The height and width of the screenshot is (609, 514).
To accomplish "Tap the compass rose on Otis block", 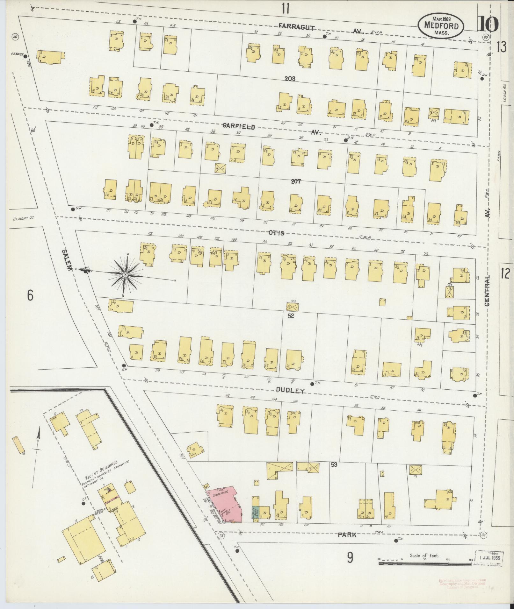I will coord(125,274).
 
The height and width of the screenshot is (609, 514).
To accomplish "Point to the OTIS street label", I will coord(276,233).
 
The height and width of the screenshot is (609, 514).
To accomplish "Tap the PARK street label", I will coord(347,535).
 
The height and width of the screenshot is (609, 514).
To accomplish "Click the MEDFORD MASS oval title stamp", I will coord(441,26).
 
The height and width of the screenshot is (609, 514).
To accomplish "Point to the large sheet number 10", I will coord(488,24).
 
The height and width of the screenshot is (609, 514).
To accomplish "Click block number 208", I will coord(290,78).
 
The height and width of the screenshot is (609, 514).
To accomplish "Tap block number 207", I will coord(295,181).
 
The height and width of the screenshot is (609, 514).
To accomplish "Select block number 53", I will coord(334,464).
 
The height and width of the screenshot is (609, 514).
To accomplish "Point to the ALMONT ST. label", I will coord(24,218).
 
